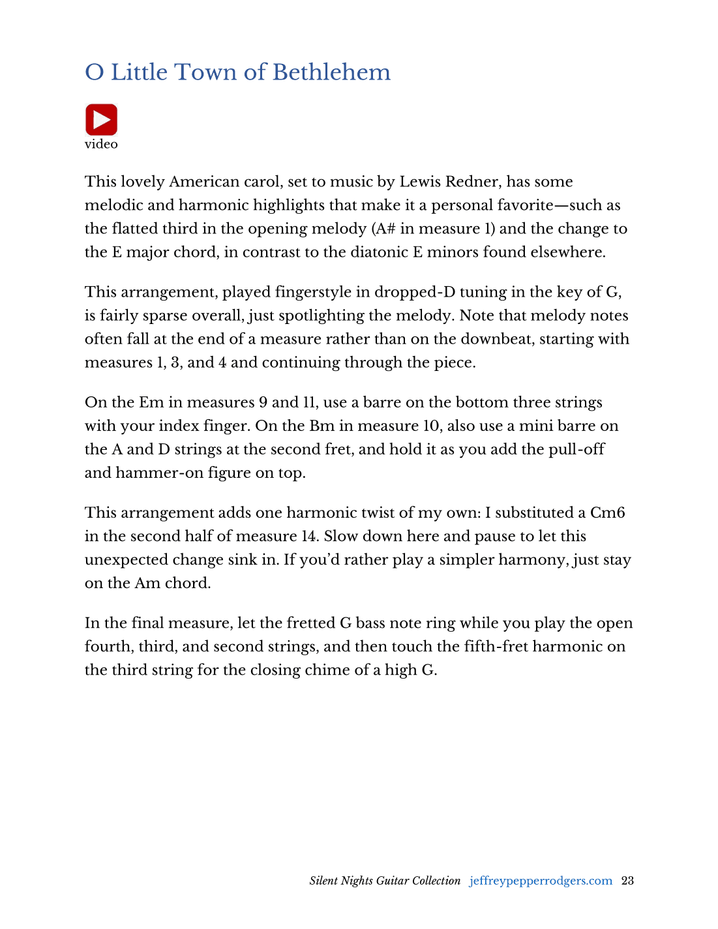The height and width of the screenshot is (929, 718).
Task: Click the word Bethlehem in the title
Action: coord(331,72)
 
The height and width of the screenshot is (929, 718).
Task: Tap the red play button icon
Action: coord(101,120)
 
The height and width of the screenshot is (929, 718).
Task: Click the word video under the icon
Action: coord(101,144)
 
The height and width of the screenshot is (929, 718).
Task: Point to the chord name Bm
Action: coord(322,426)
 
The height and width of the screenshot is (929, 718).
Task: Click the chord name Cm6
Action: coord(607,512)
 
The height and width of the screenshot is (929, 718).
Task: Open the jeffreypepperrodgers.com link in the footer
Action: coord(541,881)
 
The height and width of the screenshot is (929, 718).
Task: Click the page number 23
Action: coord(627,881)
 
